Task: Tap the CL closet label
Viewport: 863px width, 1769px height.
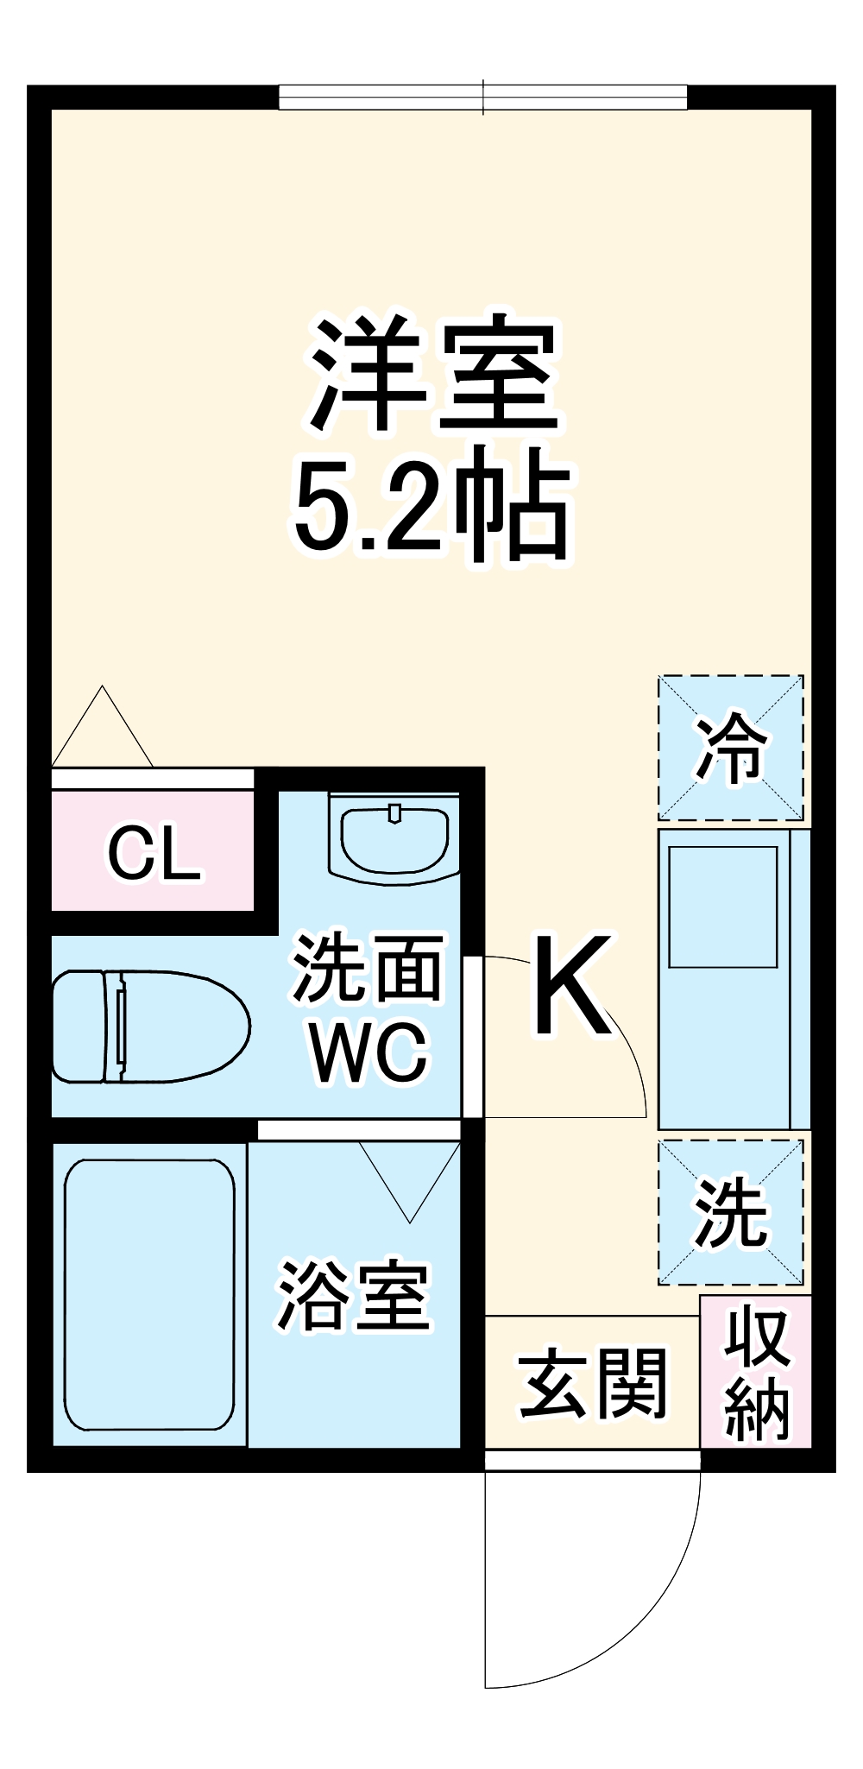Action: point(154,854)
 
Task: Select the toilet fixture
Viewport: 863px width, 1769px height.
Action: point(148,1026)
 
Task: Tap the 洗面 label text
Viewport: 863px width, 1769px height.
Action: point(368,969)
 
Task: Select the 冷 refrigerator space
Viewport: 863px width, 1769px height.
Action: point(731,748)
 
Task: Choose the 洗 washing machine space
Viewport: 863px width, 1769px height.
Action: point(731,1212)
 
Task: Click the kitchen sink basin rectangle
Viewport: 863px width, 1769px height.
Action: point(723,907)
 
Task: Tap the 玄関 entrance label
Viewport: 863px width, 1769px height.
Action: point(593,1384)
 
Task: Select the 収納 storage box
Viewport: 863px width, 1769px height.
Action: point(756,1373)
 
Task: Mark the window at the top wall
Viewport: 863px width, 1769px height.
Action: point(482,98)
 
